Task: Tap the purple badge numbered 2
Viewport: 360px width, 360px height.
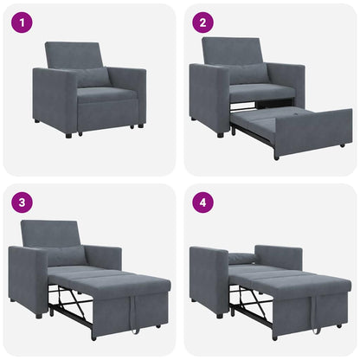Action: (203, 23)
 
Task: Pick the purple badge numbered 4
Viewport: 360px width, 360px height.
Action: (203, 203)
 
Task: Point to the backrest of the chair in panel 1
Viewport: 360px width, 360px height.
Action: (76, 55)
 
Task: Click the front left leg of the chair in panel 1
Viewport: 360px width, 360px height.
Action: (68, 134)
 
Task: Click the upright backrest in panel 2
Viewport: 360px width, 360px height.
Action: (232, 50)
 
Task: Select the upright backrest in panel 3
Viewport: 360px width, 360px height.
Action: (50, 233)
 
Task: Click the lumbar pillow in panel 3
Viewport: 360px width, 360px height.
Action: (67, 256)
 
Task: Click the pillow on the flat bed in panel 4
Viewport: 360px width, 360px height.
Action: (243, 258)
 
